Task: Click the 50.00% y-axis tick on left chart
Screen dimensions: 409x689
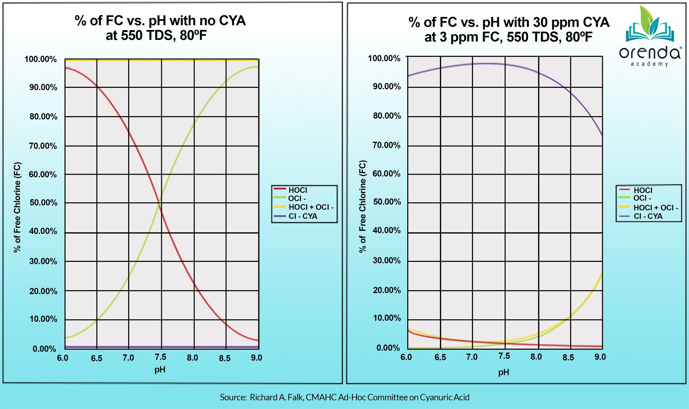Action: pos(43,203)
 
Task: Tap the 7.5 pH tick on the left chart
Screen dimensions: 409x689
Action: pos(161,357)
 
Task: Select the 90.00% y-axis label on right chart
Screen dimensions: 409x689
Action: pos(387,86)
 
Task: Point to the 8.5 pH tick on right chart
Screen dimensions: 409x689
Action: pos(568,357)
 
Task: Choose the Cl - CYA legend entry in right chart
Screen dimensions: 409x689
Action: pos(648,216)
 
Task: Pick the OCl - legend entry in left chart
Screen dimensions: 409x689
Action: pos(297,198)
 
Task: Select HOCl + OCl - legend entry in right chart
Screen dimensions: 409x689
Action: pos(655,208)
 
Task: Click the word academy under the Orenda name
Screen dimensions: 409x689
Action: pos(649,64)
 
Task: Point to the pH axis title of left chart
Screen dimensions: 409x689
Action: pos(160,370)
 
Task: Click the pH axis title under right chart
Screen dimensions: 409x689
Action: pos(503,372)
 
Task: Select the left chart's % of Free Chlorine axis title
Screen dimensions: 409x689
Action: pos(17,207)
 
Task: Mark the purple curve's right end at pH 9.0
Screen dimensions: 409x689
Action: pos(602,134)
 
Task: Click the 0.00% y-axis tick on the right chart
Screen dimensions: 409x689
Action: pos(388,348)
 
